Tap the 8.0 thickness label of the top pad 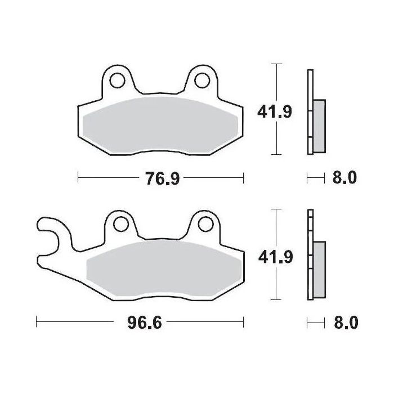click(x=344, y=179)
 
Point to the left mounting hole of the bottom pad click(x=120, y=225)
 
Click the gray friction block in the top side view click(x=319, y=126)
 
